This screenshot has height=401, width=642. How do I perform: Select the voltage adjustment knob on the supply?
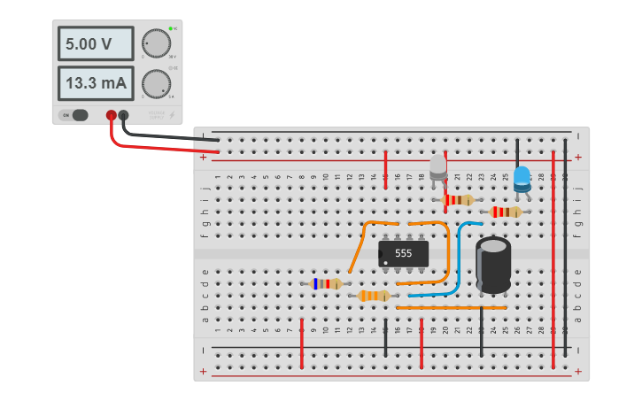pyautogui.click(x=156, y=42)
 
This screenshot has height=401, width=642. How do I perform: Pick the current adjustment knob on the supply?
pyautogui.click(x=156, y=84)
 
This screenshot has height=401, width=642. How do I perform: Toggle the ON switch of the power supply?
pyautogui.click(x=74, y=115)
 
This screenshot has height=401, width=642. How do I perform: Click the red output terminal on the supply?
pyautogui.click(x=112, y=115)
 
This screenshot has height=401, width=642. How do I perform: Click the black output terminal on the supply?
pyautogui.click(x=124, y=115)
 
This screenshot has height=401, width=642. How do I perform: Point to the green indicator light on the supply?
pyautogui.click(x=170, y=29)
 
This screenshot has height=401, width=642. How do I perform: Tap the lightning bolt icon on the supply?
pyautogui.click(x=172, y=115)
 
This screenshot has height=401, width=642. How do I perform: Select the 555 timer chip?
pyautogui.click(x=404, y=253)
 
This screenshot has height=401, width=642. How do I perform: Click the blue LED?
pyautogui.click(x=522, y=177)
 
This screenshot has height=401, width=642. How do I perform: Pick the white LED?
pyautogui.click(x=438, y=167)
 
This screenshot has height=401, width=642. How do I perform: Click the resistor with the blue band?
pyautogui.click(x=326, y=284)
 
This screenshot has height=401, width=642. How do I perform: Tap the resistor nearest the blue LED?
pyautogui.click(x=505, y=212)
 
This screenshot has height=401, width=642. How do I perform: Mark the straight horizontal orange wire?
pyautogui.click(x=451, y=307)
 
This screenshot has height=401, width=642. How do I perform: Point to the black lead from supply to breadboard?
pyautogui.click(x=168, y=135)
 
